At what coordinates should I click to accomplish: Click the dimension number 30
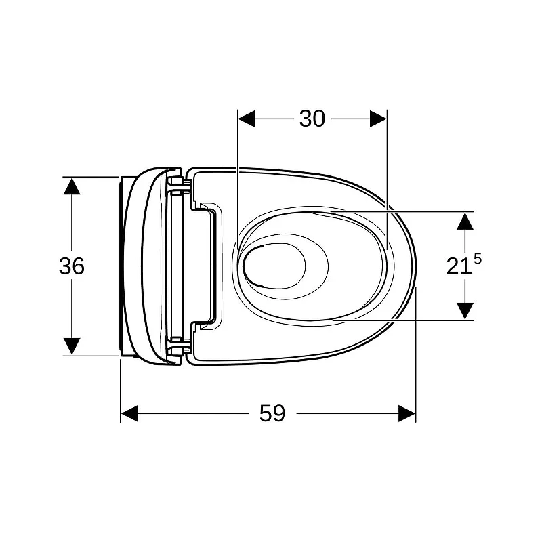pyautogui.click(x=312, y=119)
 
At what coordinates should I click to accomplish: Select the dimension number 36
pyautogui.click(x=72, y=266)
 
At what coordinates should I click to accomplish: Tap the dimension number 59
pyautogui.click(x=272, y=413)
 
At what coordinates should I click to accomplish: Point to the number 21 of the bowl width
pyautogui.click(x=459, y=267)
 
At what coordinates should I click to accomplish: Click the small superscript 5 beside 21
pyautogui.click(x=478, y=259)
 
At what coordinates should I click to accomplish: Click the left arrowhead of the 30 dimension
pyautogui.click(x=247, y=119)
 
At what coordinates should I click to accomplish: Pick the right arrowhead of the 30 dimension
pyautogui.click(x=378, y=119)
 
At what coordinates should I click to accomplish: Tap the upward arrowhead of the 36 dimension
pyautogui.click(x=72, y=186)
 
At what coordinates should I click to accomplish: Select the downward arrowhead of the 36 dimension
pyautogui.click(x=72, y=346)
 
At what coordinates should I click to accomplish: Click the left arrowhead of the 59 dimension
pyautogui.click(x=129, y=413)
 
